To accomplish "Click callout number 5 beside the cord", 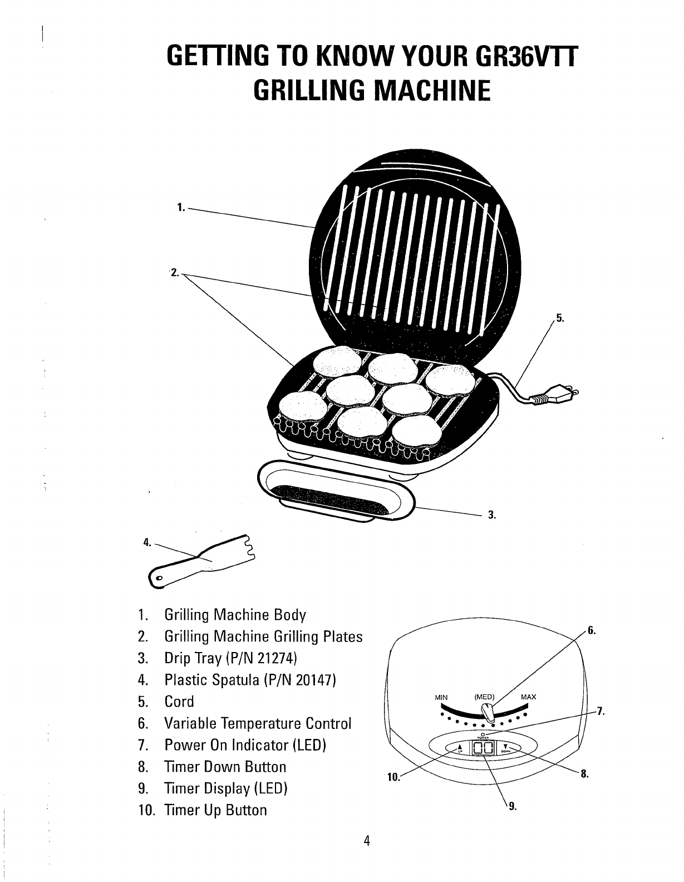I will [560, 319].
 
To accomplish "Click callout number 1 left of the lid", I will [180, 208].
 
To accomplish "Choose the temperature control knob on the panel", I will [488, 712].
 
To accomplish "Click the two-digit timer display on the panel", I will [483, 748].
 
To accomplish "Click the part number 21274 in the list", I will [274, 658].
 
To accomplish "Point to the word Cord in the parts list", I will [179, 702].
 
